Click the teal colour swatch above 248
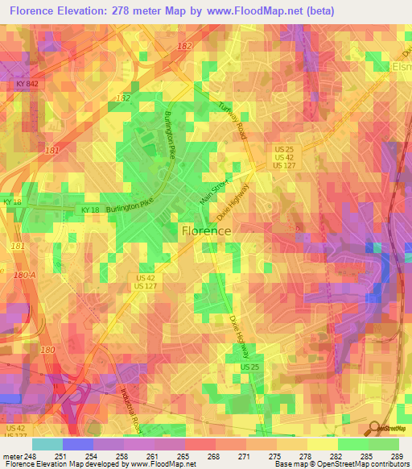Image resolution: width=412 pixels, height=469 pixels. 47,443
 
